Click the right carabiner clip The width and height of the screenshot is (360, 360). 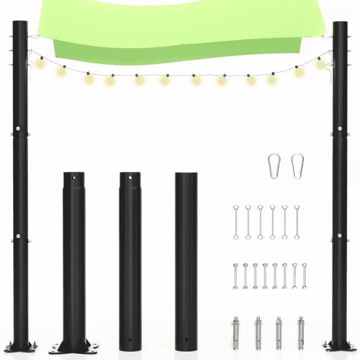coord(297,166)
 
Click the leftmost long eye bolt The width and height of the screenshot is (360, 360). coord(236,222)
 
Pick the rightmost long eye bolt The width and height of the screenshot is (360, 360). coord(297,222)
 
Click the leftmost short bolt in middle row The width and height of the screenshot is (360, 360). coord(236,276)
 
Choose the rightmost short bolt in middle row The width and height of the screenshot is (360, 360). coord(304,276)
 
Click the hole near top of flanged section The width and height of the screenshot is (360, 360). coord(74,179)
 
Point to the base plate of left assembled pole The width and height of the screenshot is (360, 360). coord(21,346)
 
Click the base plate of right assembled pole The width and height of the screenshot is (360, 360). coord(339,346)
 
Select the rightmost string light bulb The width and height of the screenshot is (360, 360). coord(321,64)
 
